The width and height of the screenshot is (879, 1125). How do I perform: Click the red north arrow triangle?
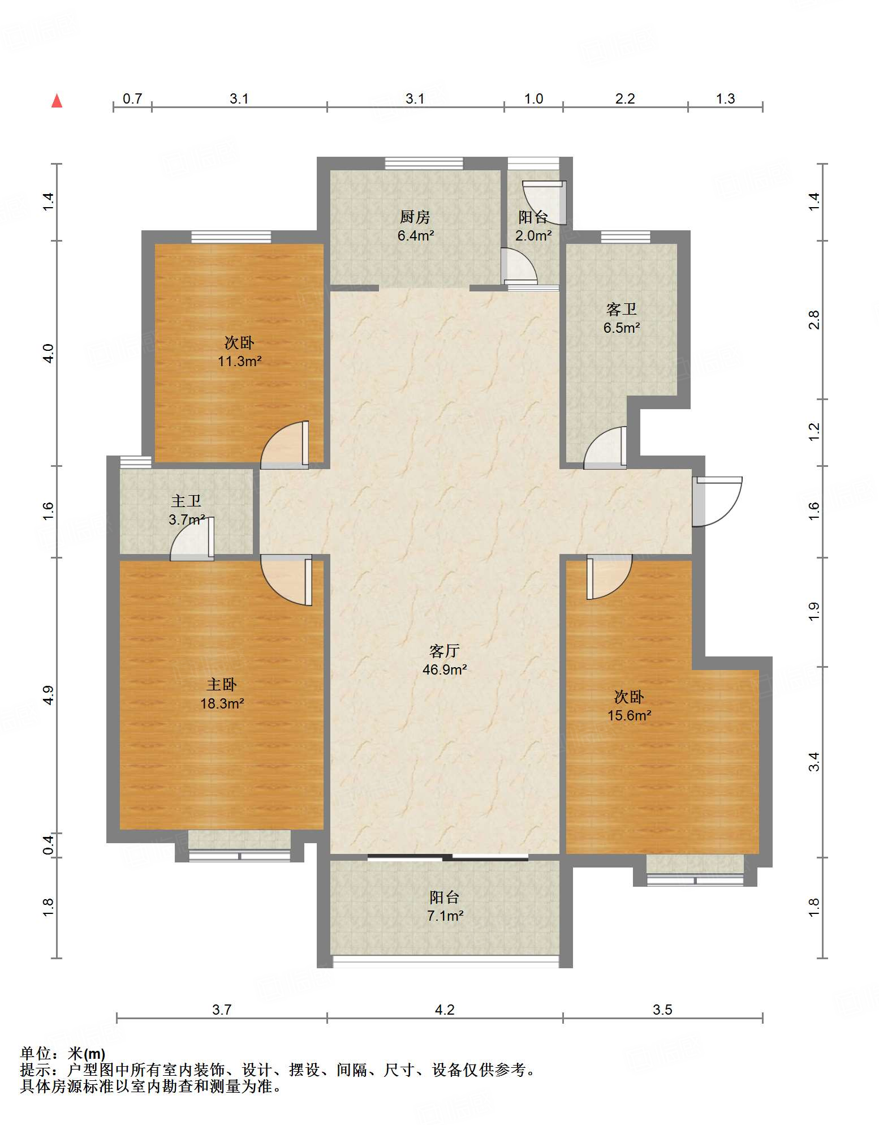pyautogui.click(x=57, y=101)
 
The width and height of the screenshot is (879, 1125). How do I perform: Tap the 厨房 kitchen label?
pyautogui.click(x=415, y=217)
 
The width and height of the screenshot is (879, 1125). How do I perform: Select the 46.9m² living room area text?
pyautogui.click(x=445, y=670)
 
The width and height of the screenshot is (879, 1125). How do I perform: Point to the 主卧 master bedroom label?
pyautogui.click(x=222, y=685)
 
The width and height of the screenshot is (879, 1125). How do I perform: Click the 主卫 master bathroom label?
pyautogui.click(x=186, y=501)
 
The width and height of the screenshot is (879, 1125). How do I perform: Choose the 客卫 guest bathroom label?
pyautogui.click(x=622, y=309)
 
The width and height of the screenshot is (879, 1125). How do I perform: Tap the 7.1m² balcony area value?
pyautogui.click(x=446, y=916)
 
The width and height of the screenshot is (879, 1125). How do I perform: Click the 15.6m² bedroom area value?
pyautogui.click(x=630, y=715)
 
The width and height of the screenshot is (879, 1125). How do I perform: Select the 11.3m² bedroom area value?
pyautogui.click(x=240, y=361)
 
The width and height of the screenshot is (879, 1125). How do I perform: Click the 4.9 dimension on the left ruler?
pyautogui.click(x=48, y=695)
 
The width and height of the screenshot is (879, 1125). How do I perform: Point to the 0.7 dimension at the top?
pyautogui.click(x=132, y=99)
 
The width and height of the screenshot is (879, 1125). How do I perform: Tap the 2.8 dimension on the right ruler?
pyautogui.click(x=813, y=320)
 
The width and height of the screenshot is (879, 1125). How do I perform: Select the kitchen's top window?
pyautogui.click(x=424, y=164)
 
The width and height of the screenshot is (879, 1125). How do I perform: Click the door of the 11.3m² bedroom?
pyautogui.click(x=285, y=445)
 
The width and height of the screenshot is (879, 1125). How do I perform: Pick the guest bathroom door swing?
pyautogui.click(x=605, y=448)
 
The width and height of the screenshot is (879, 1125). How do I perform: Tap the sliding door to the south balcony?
pyautogui.click(x=448, y=857)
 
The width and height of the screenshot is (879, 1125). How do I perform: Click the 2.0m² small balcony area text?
pyautogui.click(x=533, y=235)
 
